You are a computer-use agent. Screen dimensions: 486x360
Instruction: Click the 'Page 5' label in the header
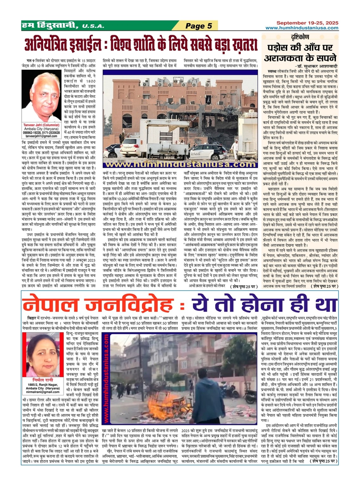(x=199, y=26)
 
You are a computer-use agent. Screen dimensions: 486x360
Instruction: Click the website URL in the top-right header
(x=302, y=28)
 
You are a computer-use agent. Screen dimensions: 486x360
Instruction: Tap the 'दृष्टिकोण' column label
(x=300, y=37)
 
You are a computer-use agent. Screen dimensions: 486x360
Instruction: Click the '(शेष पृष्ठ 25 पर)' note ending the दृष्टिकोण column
(x=325, y=286)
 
